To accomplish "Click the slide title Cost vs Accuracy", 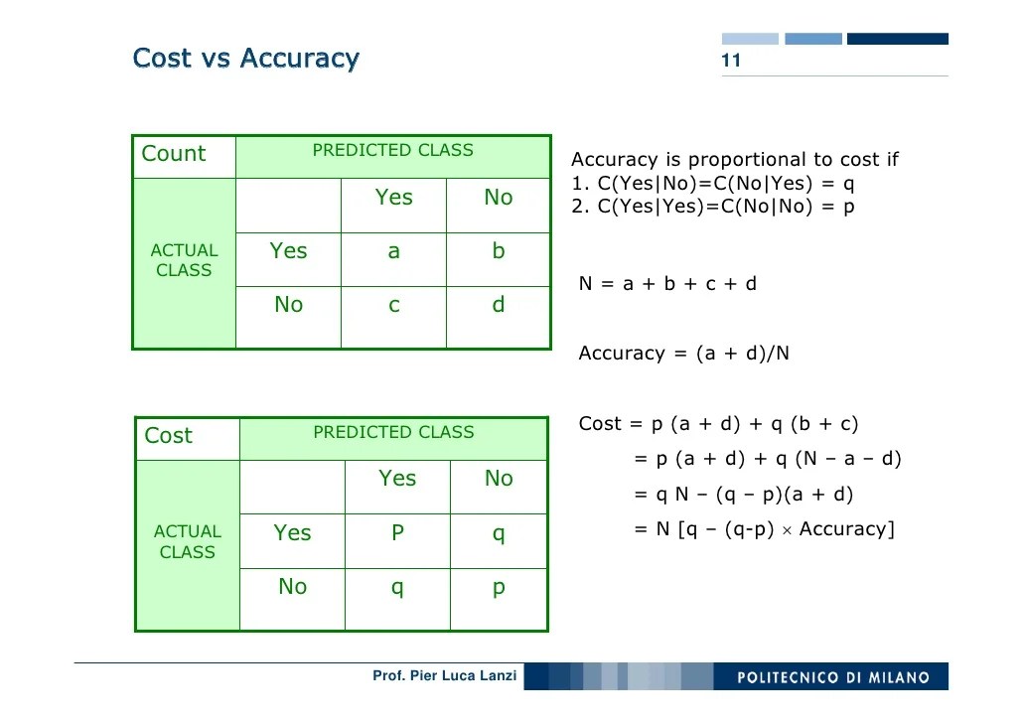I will [x=245, y=58].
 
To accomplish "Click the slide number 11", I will [x=731, y=61].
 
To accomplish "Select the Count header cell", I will [x=174, y=154].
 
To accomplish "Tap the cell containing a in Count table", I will [x=393, y=251].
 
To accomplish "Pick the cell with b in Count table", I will [x=499, y=251].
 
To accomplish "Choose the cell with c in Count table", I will [x=393, y=305].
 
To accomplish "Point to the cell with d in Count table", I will [x=499, y=305].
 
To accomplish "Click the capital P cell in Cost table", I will [x=397, y=533].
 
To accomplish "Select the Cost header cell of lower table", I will [x=169, y=436].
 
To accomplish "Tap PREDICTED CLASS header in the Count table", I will [x=392, y=151].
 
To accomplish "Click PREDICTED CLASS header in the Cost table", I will [x=393, y=432].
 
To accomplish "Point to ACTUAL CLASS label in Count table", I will [x=184, y=260].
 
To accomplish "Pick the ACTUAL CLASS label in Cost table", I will [x=187, y=542].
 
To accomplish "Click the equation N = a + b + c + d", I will [x=667, y=284].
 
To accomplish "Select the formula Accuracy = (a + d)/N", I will [x=683, y=354].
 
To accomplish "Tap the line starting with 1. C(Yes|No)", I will [x=712, y=184].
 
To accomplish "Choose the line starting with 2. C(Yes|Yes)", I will [x=712, y=207].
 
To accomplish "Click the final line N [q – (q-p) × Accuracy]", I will [x=764, y=529].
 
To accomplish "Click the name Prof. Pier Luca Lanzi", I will [x=444, y=675].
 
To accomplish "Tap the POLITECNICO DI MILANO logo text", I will [x=833, y=677].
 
